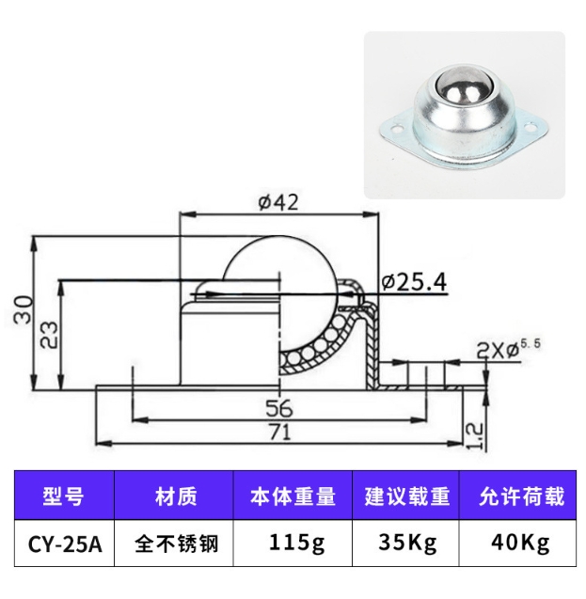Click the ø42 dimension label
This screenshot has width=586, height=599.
(x=278, y=201)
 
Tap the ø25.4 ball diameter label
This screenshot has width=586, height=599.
(x=414, y=282)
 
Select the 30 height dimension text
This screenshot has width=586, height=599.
(x=24, y=309)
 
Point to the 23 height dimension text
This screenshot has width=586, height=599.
(x=49, y=335)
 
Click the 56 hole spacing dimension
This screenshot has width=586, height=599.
(x=279, y=408)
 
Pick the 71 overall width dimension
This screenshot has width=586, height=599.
(x=280, y=432)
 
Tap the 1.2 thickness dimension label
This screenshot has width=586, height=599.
(x=474, y=436)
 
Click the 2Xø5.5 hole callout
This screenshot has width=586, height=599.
(x=509, y=349)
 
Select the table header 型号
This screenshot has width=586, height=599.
(x=63, y=497)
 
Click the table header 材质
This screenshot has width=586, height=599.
(x=176, y=497)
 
